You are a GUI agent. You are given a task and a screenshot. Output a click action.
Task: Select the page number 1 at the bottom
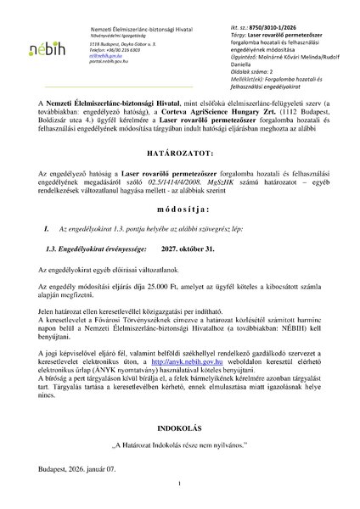pos(180,483)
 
